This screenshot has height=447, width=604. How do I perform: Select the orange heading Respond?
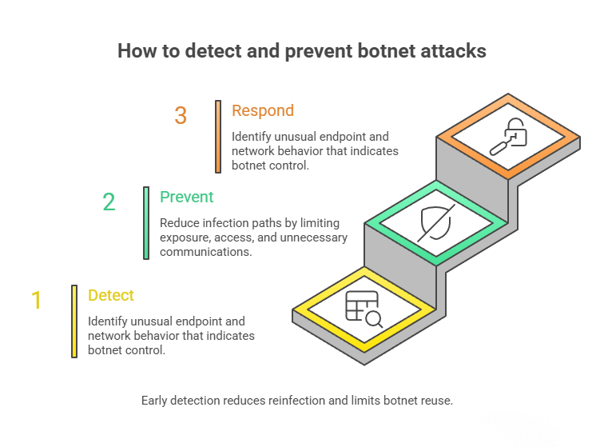(x=263, y=111)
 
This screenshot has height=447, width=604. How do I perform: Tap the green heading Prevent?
(x=187, y=197)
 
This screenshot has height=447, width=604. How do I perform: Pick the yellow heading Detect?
(x=111, y=295)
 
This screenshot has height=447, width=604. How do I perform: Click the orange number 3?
(x=181, y=116)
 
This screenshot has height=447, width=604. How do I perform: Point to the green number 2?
(x=109, y=202)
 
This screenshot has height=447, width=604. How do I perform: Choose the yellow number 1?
(x=36, y=301)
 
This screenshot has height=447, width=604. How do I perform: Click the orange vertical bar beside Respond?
(x=218, y=136)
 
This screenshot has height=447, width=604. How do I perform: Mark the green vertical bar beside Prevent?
(x=146, y=223)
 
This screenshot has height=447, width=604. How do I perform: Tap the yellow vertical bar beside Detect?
(x=74, y=321)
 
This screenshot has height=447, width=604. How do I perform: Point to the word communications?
(x=205, y=252)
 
